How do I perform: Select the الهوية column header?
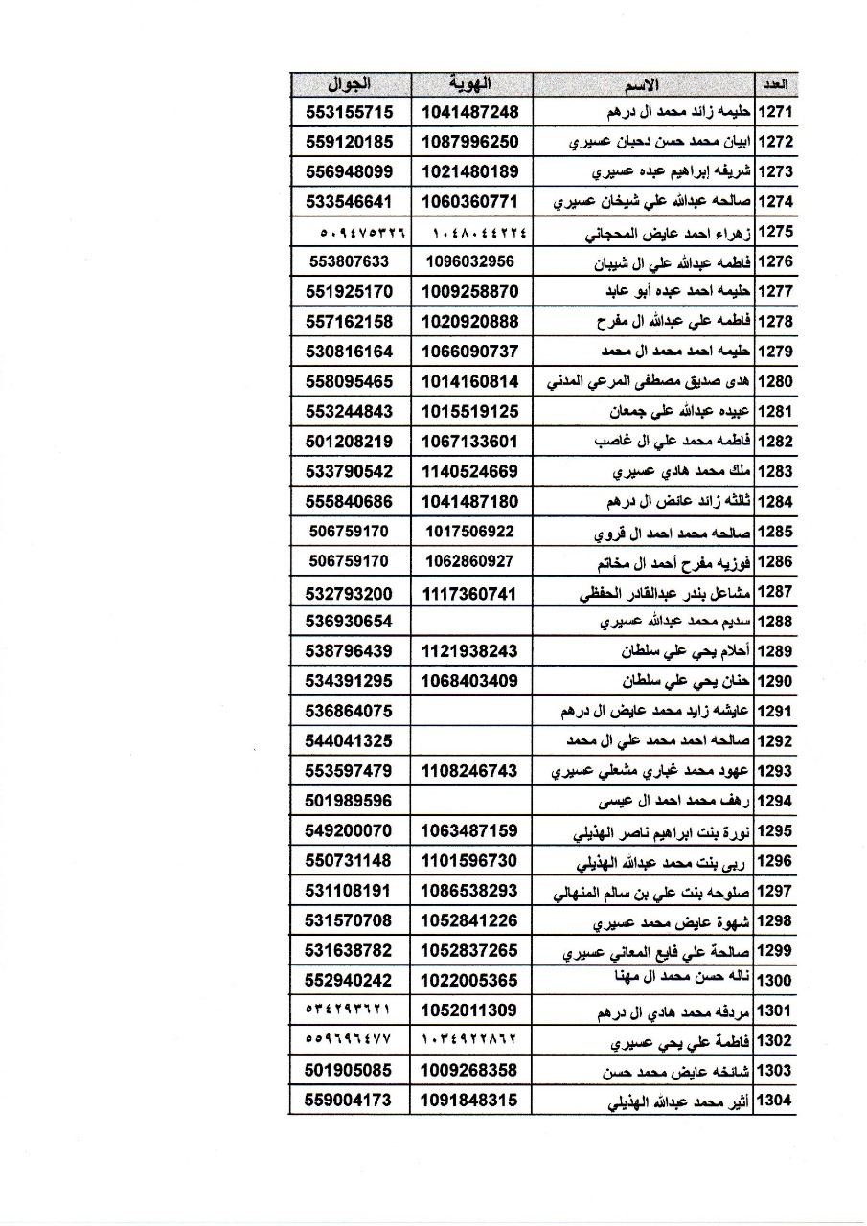[x=470, y=83]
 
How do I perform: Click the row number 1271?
[x=775, y=112]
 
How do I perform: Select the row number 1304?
[x=775, y=1101]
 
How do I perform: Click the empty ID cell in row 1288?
[x=470, y=622]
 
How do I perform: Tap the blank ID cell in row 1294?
[x=470, y=801]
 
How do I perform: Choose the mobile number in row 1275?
[x=350, y=233]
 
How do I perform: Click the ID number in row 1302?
[x=470, y=1041]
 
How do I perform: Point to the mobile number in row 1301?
[x=350, y=1010]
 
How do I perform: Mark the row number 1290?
[x=775, y=682]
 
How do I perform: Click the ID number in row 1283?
[x=470, y=471]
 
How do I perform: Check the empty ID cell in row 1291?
[x=470, y=711]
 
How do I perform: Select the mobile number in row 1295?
[x=350, y=830]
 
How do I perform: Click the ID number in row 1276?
[x=470, y=261]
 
